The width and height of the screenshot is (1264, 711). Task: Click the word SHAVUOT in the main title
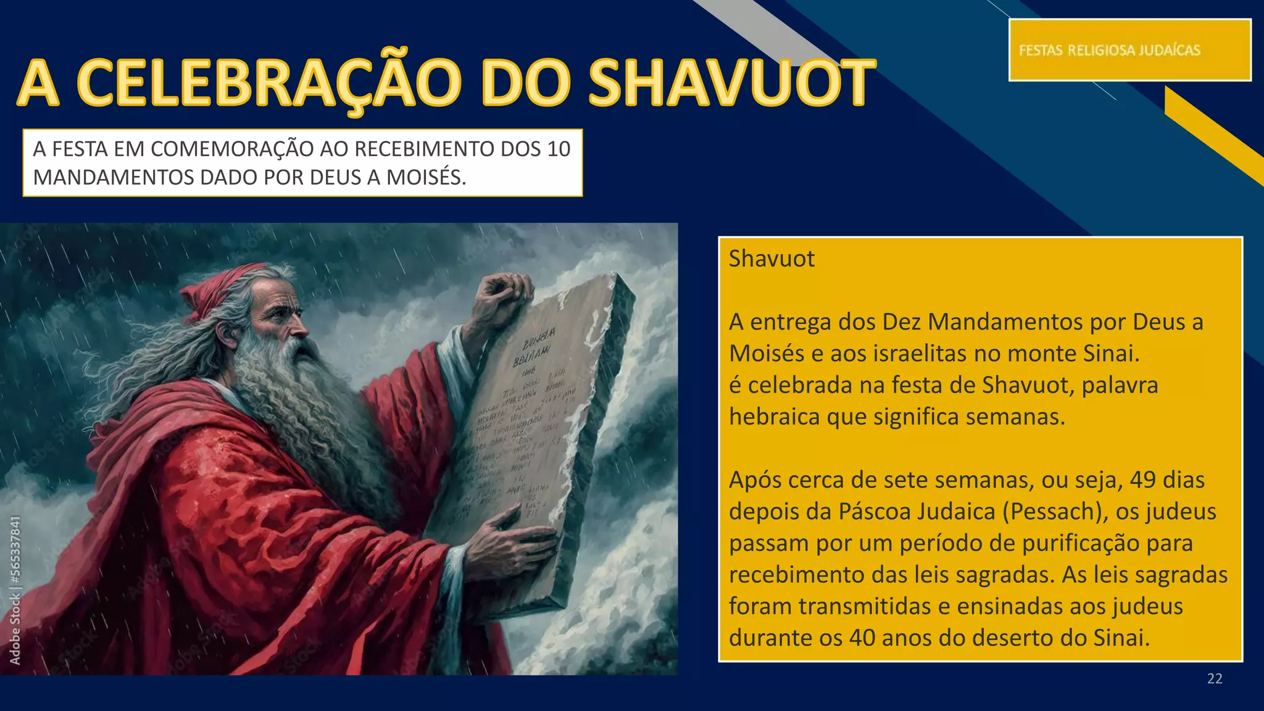(x=731, y=83)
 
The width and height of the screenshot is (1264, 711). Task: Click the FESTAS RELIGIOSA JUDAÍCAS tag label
(x=1110, y=50)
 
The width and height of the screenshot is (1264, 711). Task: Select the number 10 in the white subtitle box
(x=558, y=149)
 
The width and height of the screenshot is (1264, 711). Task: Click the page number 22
(x=1215, y=679)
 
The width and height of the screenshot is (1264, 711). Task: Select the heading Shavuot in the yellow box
(x=771, y=259)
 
